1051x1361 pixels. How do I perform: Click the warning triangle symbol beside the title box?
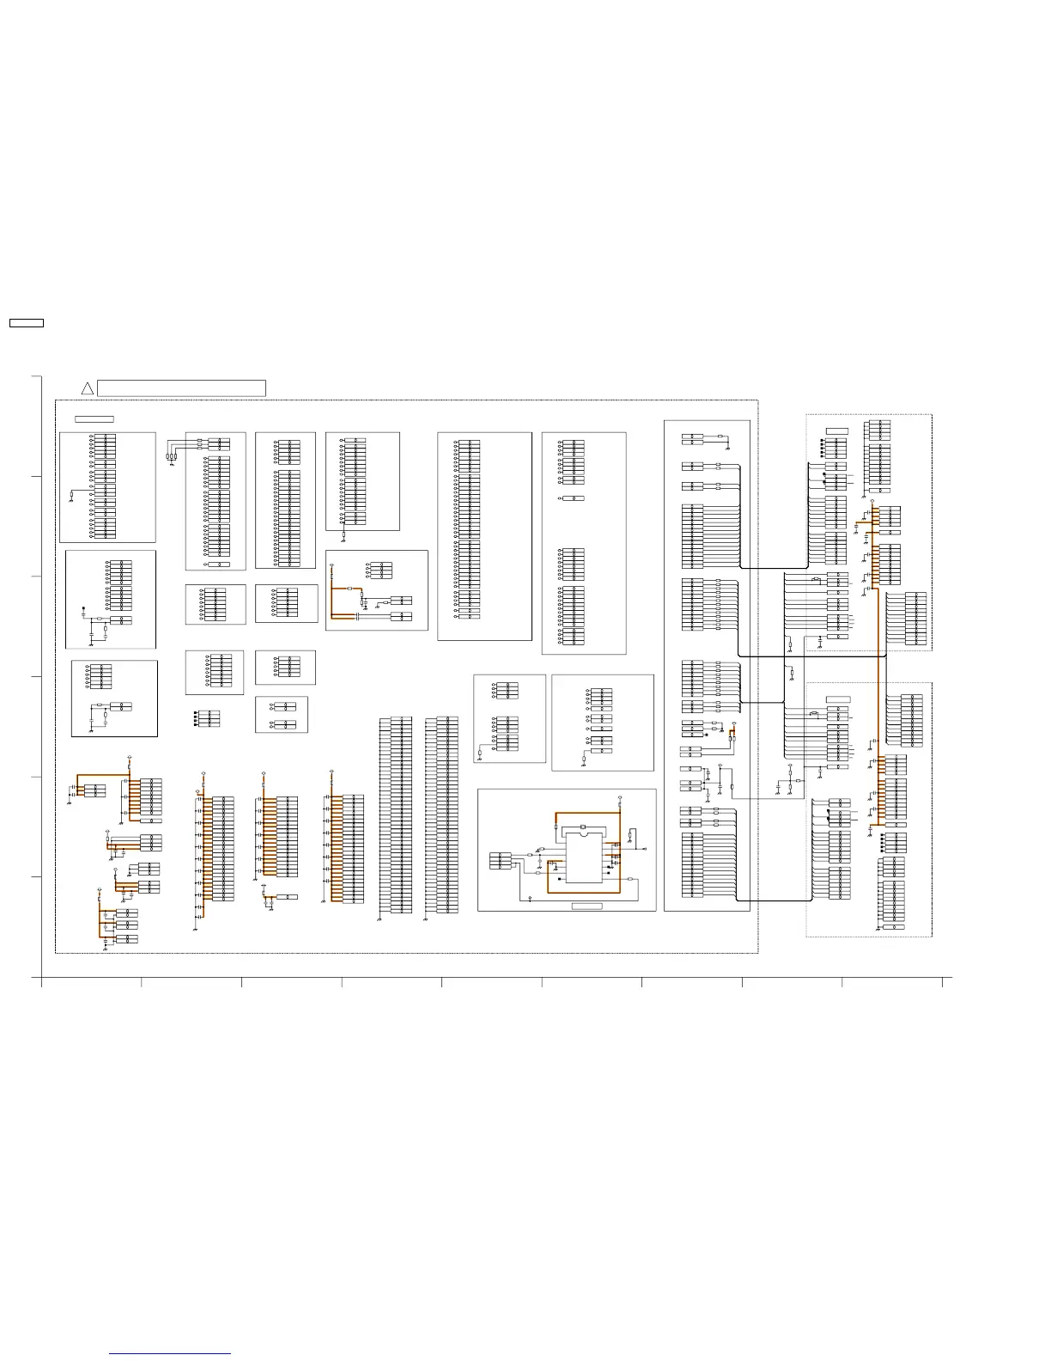tap(87, 389)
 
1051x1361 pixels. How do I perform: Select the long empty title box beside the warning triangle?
tap(181, 388)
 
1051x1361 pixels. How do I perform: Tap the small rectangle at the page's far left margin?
tap(26, 323)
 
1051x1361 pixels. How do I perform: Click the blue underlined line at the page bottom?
tap(170, 1353)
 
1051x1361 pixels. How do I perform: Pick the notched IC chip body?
tap(584, 857)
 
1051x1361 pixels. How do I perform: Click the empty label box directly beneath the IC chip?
tap(587, 906)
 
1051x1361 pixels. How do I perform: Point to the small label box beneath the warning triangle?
tap(94, 418)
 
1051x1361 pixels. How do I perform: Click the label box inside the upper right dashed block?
tap(836, 430)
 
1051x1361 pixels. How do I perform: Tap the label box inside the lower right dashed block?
tap(838, 699)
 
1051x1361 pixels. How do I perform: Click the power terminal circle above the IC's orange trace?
tap(620, 797)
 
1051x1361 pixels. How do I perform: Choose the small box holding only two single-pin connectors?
tap(282, 715)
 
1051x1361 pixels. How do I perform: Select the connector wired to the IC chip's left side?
tap(501, 860)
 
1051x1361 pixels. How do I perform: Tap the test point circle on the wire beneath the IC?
tap(531, 898)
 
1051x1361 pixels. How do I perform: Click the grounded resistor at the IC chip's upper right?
tap(633, 833)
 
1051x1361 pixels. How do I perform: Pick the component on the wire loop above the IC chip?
tap(583, 827)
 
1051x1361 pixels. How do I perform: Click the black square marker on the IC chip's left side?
tap(560, 879)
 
